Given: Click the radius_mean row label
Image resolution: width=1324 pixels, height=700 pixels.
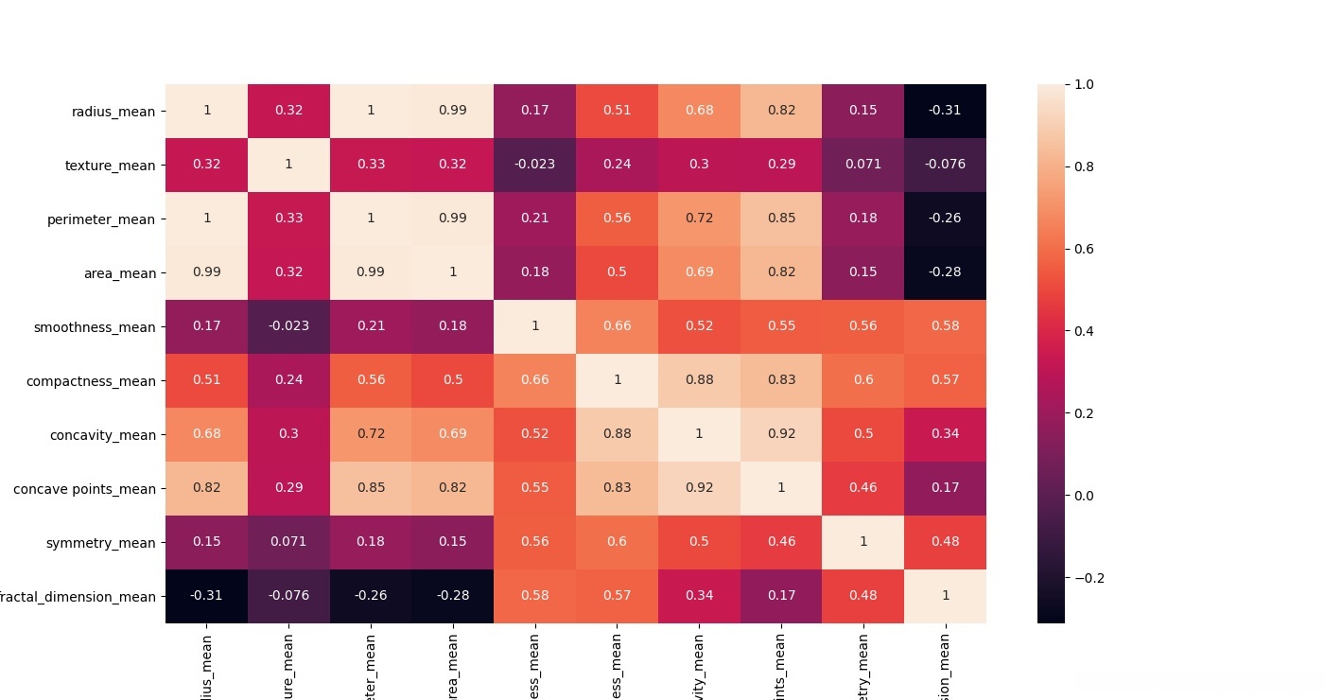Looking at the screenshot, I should tap(113, 111).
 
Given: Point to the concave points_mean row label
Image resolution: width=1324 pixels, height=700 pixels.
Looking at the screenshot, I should tap(85, 489).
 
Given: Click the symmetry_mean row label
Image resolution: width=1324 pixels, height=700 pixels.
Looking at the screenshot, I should tap(101, 543).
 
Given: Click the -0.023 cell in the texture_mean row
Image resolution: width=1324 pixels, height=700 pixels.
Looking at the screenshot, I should tap(535, 165).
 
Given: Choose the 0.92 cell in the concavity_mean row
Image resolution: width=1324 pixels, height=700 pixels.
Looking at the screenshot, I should tap(781, 434).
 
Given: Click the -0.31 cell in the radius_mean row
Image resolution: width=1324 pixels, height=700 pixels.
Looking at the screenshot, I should tap(945, 111).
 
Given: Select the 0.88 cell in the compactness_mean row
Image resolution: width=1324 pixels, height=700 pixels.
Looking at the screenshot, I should tap(699, 380).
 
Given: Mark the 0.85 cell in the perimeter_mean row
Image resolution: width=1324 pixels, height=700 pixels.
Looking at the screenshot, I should tap(781, 219).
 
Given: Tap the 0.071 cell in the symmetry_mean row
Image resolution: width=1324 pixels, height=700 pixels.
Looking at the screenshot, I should tap(288, 542).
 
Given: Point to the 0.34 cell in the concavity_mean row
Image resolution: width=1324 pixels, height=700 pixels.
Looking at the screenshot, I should tap(945, 434).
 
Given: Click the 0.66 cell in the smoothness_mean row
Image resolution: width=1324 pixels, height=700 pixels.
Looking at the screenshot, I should tap(617, 326).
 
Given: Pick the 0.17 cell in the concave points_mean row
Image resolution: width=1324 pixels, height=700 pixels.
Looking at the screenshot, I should tap(945, 488).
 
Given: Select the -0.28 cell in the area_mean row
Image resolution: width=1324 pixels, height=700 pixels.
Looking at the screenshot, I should tap(945, 272).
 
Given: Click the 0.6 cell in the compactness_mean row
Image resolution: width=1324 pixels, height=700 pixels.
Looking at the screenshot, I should tap(863, 380).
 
